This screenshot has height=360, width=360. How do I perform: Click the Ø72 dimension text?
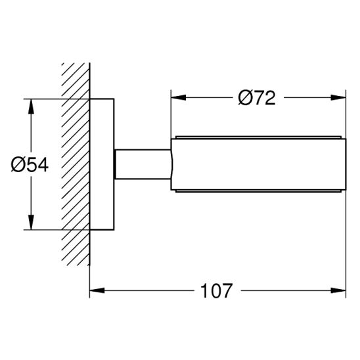[256, 98]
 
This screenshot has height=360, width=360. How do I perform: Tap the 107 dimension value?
[217, 290]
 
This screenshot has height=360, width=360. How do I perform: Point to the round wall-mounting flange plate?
[102, 164]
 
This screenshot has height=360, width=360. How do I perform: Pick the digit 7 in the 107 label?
[227, 290]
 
